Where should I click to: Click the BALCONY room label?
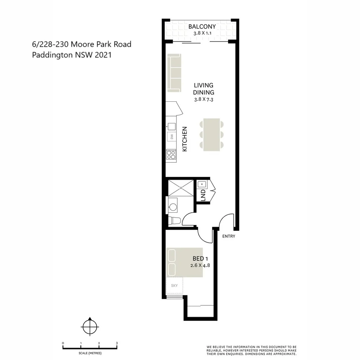[x=202, y=27]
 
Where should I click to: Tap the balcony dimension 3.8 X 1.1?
[x=202, y=33]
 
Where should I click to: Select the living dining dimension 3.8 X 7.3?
[x=203, y=99]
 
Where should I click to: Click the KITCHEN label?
[x=185, y=139]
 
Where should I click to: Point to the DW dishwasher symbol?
[x=172, y=136]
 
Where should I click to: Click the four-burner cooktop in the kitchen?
[x=171, y=155]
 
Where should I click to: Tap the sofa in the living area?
[x=174, y=74]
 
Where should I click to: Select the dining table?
[x=212, y=134]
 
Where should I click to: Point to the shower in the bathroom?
[x=181, y=188]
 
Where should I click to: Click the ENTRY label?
[x=229, y=236]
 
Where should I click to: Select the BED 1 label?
[x=200, y=259]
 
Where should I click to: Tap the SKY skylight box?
[x=174, y=285]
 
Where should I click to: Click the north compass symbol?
[x=90, y=327]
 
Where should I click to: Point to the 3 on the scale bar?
[x=117, y=343]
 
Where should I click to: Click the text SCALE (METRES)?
[x=90, y=353]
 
